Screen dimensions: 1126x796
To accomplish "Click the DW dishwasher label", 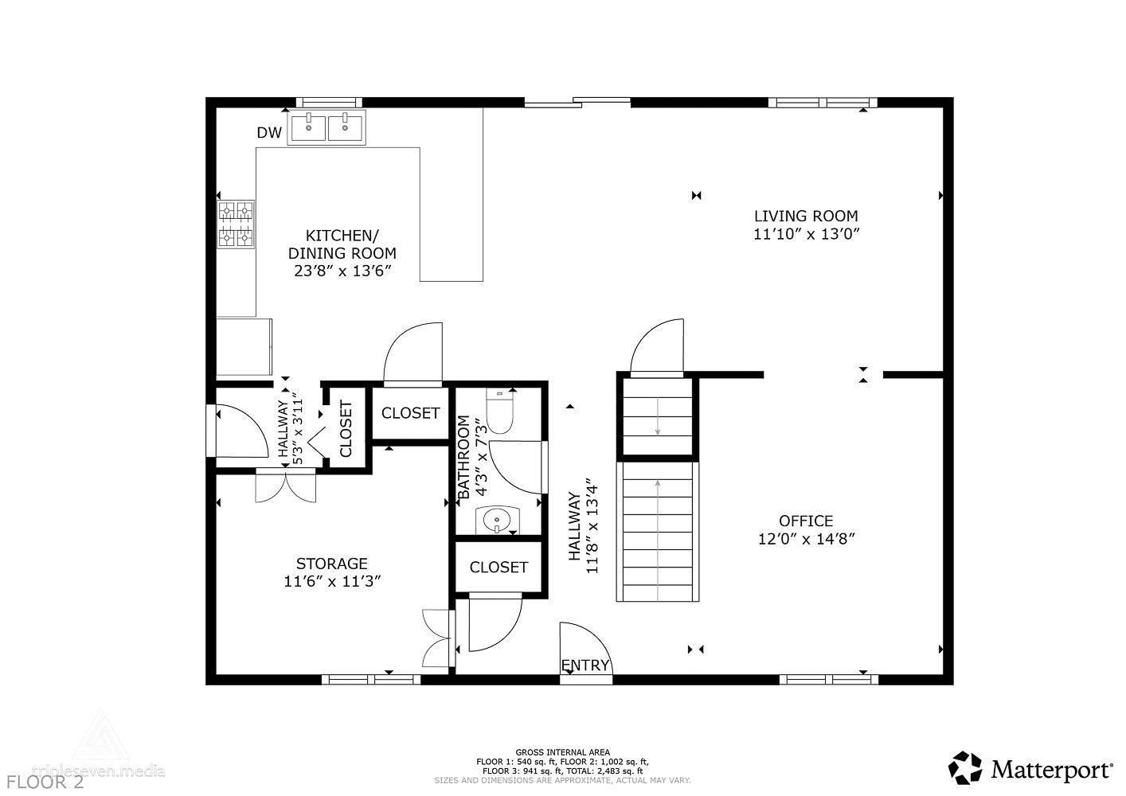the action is (269, 133).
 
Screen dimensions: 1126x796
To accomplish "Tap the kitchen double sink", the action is (326, 127).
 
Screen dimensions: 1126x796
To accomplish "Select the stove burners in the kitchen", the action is (236, 224).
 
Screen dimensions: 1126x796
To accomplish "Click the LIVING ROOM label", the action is (806, 216).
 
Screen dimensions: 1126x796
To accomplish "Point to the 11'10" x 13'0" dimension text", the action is (807, 234).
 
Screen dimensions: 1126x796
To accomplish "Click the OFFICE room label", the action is (806, 521).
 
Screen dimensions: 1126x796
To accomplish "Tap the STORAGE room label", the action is (332, 564).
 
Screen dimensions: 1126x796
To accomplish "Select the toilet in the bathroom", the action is (499, 412).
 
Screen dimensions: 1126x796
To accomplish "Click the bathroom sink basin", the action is (497, 520).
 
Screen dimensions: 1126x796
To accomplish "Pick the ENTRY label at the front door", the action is (585, 665).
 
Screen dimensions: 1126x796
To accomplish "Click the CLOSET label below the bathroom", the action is (498, 568).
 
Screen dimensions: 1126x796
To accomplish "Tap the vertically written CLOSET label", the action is (346, 428).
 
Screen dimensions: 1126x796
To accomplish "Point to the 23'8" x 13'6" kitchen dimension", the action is (342, 271).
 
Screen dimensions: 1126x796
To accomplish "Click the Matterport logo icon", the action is (964, 768).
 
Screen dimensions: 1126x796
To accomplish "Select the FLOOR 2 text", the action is (45, 782).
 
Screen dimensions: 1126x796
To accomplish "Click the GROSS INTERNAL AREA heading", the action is (562, 752).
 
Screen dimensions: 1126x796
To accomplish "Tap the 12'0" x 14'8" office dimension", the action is (807, 539).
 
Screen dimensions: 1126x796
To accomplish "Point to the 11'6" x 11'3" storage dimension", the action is (332, 581).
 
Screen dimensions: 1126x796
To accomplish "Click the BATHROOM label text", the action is (463, 457).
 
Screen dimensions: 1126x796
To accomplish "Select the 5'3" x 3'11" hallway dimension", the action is (298, 428).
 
